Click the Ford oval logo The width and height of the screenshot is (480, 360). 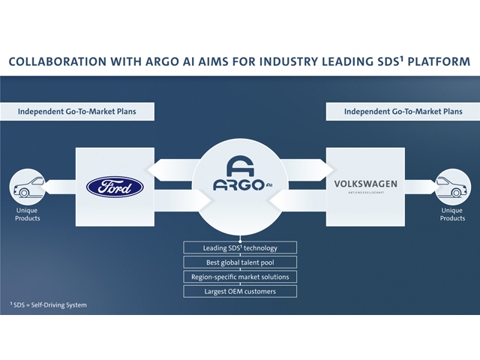pyautogui.click(x=115, y=185)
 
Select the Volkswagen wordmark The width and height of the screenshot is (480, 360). pyautogui.click(x=366, y=184)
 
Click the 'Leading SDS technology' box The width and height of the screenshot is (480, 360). pyautogui.click(x=240, y=247)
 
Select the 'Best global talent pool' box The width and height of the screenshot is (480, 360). pyautogui.click(x=240, y=262)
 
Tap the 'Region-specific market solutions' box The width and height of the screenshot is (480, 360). pyautogui.click(x=240, y=276)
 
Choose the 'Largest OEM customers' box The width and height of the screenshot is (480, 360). pyautogui.click(x=240, y=290)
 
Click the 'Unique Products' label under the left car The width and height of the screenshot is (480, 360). pyautogui.click(x=27, y=214)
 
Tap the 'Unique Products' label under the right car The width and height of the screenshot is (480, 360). pyautogui.click(x=452, y=214)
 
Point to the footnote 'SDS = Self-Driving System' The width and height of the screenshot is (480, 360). pyautogui.click(x=48, y=304)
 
